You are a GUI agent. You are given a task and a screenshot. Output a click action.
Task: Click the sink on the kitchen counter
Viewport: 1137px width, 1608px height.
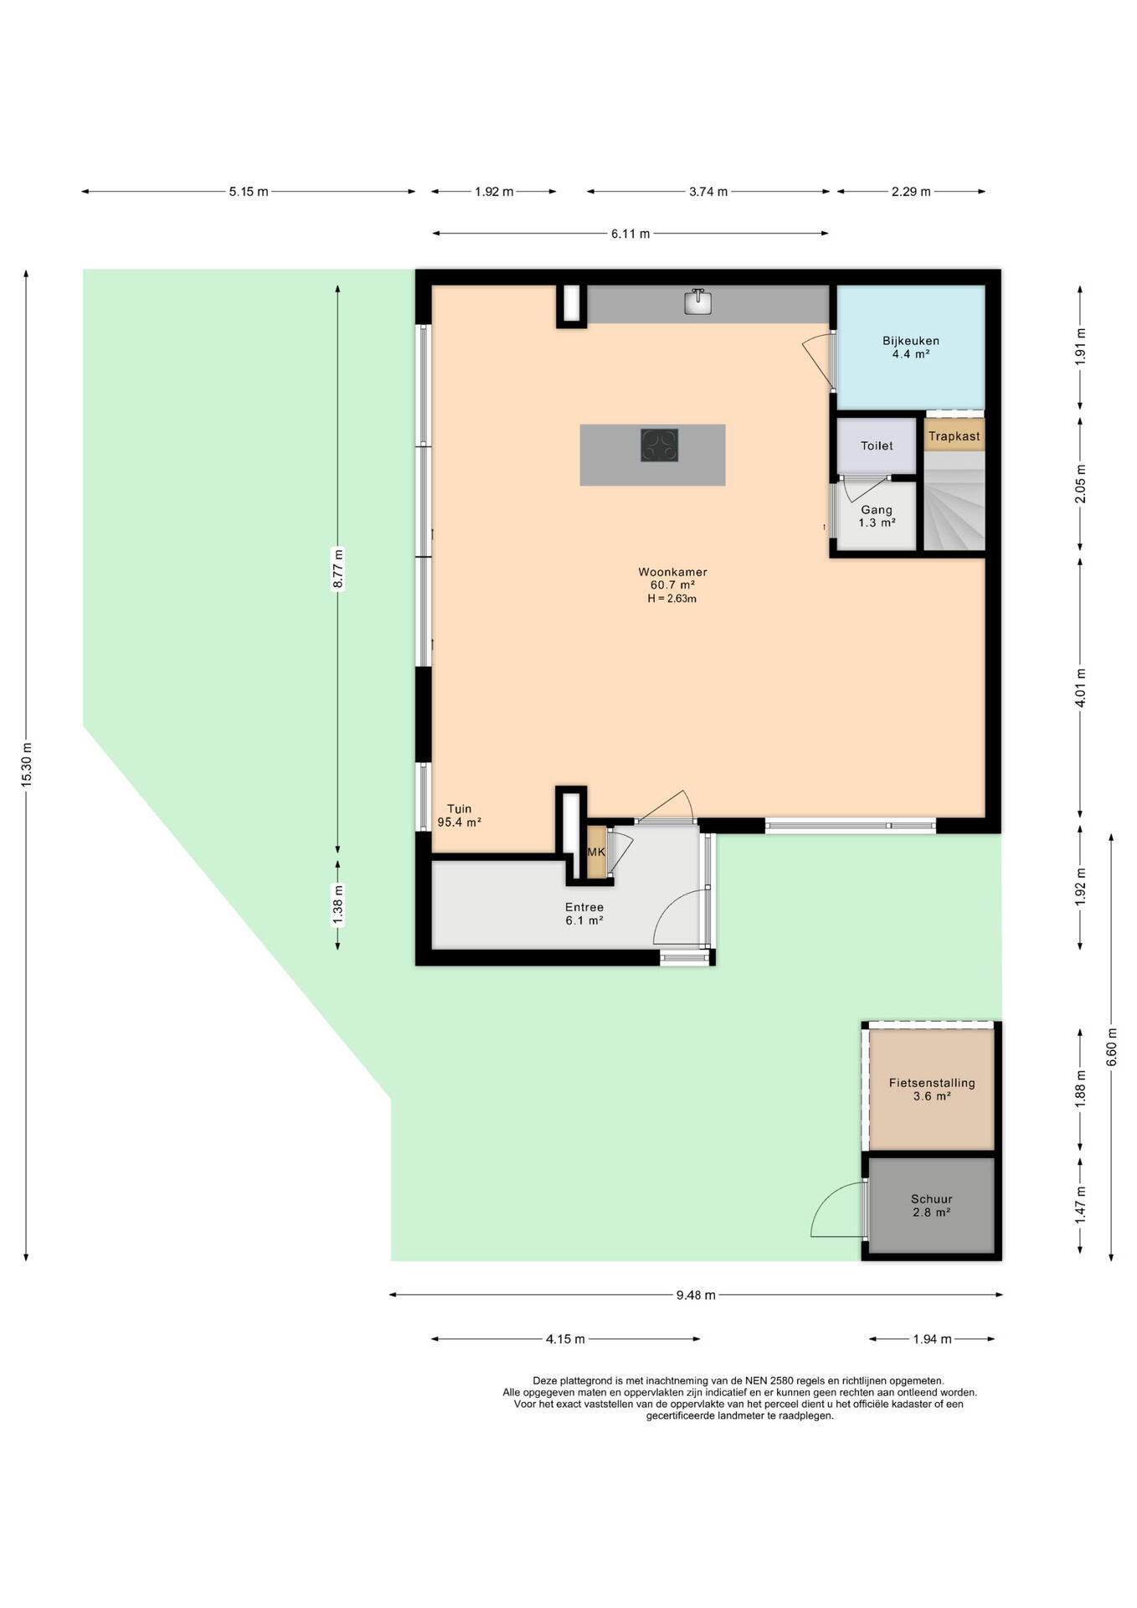pyautogui.click(x=697, y=301)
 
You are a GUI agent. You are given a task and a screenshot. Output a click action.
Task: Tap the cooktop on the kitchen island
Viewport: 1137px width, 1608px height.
pyautogui.click(x=659, y=446)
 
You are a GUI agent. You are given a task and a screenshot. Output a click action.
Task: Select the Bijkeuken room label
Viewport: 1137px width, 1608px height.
pyautogui.click(x=910, y=341)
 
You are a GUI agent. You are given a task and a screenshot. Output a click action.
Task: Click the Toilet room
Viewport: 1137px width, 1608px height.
pyautogui.click(x=877, y=446)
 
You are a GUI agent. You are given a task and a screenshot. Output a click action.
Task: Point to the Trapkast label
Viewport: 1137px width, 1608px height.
pyautogui.click(x=954, y=436)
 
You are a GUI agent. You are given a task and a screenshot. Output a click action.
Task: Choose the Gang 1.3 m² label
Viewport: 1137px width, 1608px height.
pyautogui.click(x=877, y=516)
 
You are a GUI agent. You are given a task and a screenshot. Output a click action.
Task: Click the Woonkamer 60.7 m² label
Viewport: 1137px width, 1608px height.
pyautogui.click(x=672, y=579)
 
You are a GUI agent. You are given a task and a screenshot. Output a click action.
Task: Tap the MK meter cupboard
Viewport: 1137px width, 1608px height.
pyautogui.click(x=596, y=852)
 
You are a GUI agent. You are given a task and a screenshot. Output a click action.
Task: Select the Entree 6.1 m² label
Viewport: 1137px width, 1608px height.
pyautogui.click(x=584, y=914)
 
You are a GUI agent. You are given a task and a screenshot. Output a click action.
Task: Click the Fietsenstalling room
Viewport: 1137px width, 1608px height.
pyautogui.click(x=931, y=1089)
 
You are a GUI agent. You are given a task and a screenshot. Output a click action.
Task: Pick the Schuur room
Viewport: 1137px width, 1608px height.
pyautogui.click(x=931, y=1205)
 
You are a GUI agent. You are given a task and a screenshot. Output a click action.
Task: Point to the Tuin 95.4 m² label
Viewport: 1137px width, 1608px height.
pyautogui.click(x=459, y=816)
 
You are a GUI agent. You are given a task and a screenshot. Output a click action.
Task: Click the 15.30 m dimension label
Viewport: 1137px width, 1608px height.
pyautogui.click(x=26, y=765)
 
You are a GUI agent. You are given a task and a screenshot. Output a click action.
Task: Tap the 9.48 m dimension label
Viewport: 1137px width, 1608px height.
pyautogui.click(x=696, y=1295)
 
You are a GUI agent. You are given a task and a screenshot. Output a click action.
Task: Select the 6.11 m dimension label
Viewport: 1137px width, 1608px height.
pyautogui.click(x=630, y=234)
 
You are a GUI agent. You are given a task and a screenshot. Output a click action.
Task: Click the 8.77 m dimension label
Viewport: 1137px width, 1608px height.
pyautogui.click(x=337, y=569)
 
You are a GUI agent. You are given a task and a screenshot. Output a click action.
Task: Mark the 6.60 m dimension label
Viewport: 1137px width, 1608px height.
pyautogui.click(x=1111, y=1047)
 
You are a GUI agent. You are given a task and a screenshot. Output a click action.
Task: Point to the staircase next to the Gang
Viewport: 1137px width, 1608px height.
pyautogui.click(x=954, y=501)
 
